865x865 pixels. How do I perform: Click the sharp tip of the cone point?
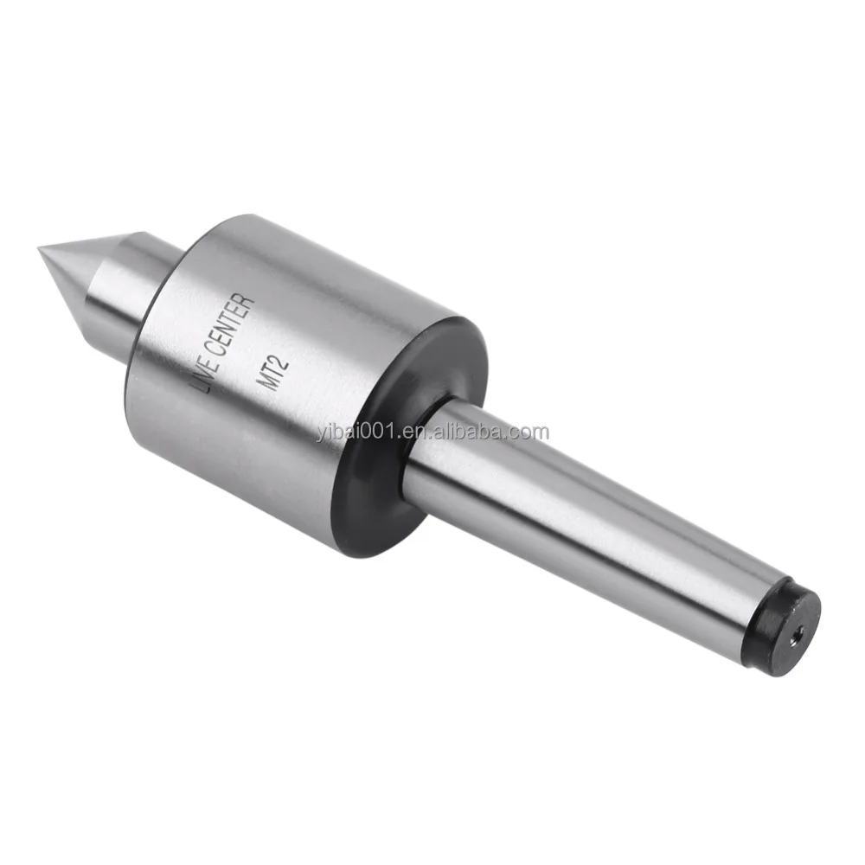click(41, 250)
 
